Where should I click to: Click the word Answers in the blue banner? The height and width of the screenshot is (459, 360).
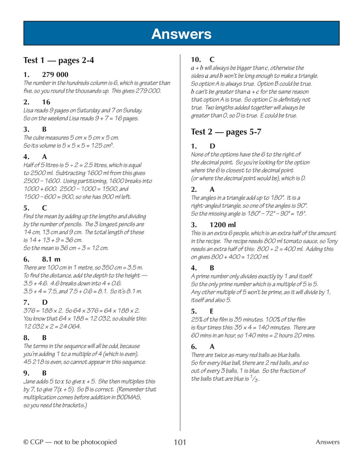[x=181, y=34]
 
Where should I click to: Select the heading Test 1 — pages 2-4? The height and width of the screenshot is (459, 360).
[x=59, y=60]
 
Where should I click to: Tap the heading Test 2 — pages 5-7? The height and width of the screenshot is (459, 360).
[x=226, y=132]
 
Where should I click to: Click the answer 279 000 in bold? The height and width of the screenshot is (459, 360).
[x=55, y=75]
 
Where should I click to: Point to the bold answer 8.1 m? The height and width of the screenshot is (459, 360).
[x=51, y=259]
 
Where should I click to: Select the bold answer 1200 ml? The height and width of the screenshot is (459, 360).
[x=223, y=225]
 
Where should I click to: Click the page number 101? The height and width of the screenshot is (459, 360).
[x=180, y=442]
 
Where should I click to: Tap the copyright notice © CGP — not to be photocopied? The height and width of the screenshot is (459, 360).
[x=70, y=442]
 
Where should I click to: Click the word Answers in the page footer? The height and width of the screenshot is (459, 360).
[x=328, y=442]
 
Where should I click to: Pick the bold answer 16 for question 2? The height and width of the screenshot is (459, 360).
[x=46, y=102]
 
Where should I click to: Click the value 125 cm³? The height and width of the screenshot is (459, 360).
[x=102, y=145]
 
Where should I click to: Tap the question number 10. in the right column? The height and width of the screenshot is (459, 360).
[x=196, y=60]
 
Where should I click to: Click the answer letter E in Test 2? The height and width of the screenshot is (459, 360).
[x=212, y=311]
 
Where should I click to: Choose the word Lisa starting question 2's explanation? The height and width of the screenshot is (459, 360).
[x=29, y=110]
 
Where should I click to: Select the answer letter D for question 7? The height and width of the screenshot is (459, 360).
[x=45, y=302]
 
